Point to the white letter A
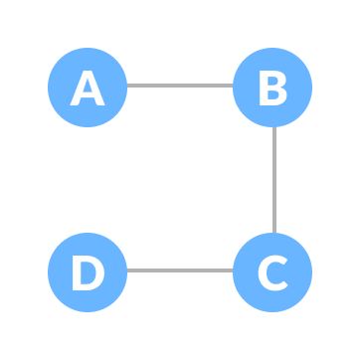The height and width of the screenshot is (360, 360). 88,89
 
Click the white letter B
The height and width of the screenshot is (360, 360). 272,89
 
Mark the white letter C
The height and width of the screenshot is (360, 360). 272,272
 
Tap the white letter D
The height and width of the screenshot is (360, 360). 88,272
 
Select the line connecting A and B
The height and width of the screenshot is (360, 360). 180,86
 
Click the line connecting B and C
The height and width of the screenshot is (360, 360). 274,180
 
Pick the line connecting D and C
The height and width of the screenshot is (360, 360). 180,270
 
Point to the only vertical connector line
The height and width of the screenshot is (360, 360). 274,180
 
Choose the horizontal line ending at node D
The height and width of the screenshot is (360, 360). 180,270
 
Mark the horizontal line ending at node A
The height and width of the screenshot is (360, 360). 180,86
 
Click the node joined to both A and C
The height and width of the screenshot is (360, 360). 272,88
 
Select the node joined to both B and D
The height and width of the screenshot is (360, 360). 272,271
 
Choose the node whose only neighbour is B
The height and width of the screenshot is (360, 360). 88,88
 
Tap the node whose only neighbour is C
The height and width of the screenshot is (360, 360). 88,271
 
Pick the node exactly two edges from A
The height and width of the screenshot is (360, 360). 272,271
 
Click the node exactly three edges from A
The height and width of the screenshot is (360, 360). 88,271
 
